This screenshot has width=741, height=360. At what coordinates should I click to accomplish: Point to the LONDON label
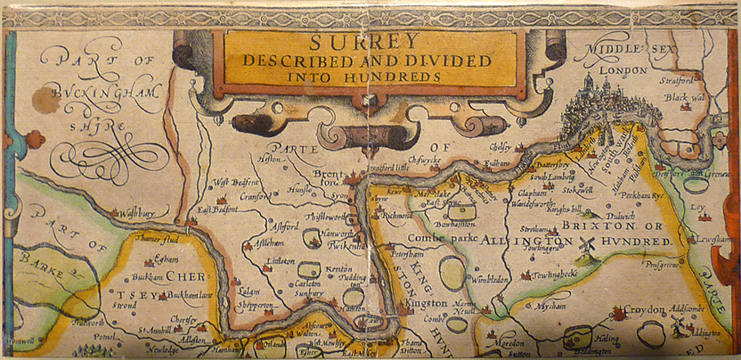(x=623, y=70)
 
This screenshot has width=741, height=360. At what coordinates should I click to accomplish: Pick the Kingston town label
(x=426, y=304)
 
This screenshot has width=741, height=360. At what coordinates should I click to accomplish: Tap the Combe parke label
(x=437, y=240)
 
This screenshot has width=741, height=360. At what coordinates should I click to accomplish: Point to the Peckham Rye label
(x=639, y=194)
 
